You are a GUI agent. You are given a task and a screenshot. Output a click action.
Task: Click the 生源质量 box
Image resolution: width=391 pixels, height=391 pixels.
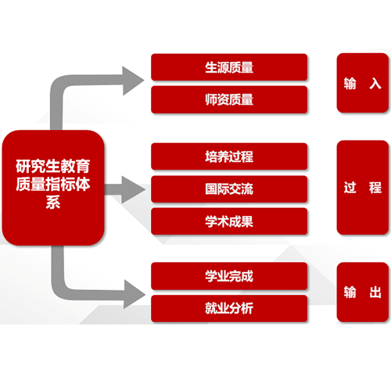tap(229, 67)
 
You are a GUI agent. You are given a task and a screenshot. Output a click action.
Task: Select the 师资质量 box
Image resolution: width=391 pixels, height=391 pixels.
tap(229, 99)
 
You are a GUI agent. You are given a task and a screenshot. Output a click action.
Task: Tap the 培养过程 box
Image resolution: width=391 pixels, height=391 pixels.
tap(229, 156)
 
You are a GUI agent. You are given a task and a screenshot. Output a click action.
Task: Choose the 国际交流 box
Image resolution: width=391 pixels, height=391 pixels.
tap(229, 189)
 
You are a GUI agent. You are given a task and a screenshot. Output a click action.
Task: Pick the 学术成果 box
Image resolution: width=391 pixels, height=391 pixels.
tap(229, 221)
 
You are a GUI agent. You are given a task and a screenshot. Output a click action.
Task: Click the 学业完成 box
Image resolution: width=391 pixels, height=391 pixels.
tap(229, 276)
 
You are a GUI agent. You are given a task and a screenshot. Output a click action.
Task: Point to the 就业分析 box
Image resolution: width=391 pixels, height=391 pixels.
tap(229, 308)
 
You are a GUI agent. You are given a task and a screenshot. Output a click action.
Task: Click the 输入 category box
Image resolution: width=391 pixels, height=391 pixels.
tap(363, 83)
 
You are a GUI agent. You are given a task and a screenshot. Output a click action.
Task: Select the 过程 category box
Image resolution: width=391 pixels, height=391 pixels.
tap(363, 188)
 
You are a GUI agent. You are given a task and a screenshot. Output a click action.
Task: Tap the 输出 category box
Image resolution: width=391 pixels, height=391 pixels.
tap(363, 292)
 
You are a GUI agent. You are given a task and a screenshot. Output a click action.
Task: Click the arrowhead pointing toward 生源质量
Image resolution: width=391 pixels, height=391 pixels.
tap(133, 81)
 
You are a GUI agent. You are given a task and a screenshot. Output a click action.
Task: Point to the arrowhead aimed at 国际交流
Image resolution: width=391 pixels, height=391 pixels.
tap(133, 190)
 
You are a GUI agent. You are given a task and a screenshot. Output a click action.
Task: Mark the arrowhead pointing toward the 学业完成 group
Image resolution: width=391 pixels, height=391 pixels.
tap(135, 294)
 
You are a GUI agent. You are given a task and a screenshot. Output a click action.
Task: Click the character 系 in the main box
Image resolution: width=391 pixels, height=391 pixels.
tap(53, 203)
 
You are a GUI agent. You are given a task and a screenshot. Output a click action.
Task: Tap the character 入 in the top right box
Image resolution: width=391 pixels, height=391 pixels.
tap(375, 84)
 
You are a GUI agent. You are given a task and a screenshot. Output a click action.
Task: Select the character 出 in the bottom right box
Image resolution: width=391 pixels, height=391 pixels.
tap(375, 292)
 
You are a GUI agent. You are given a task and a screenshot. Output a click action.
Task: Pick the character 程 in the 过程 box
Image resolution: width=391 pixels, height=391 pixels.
tap(375, 188)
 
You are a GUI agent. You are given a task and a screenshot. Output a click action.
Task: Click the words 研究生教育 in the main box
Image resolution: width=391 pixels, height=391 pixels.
tap(53, 166)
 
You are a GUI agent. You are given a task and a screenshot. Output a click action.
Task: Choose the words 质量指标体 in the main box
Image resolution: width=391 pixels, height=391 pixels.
tap(53, 184)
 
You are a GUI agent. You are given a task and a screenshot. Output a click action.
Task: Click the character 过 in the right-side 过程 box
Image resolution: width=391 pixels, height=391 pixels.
tap(350, 188)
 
